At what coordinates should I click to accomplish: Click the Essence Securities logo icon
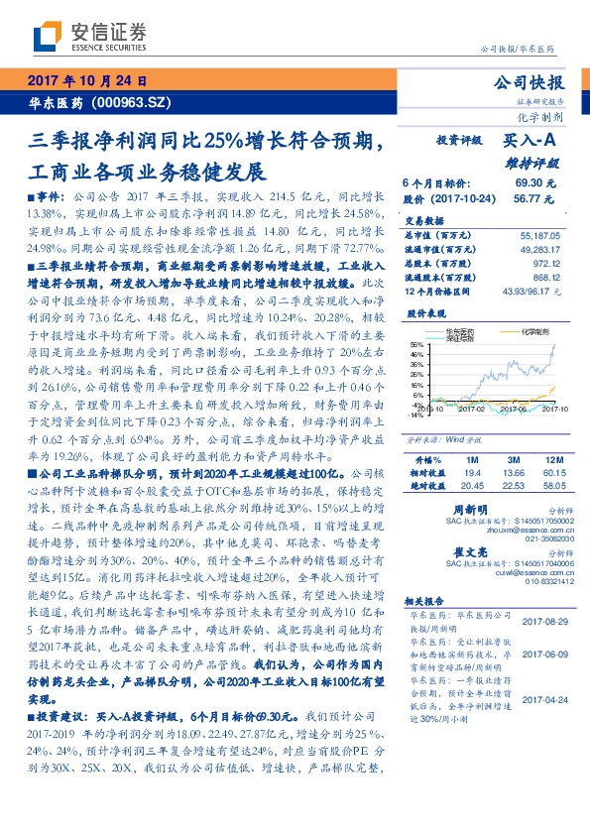tap(46, 37)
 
